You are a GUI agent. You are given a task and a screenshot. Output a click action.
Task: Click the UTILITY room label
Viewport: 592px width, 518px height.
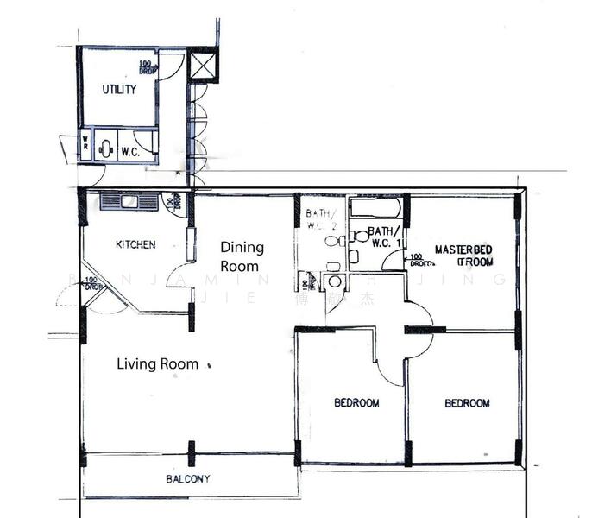point(119,89)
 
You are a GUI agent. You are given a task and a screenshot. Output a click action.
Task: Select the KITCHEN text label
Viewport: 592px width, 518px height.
point(136,244)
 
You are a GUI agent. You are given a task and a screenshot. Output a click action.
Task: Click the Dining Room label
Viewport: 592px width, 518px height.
point(242,256)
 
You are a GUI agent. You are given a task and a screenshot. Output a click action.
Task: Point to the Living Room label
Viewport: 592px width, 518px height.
point(157,364)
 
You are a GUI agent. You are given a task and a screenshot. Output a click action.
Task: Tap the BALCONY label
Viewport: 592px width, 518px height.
point(187,478)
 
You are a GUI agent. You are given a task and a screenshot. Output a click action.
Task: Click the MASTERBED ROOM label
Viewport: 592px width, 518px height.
point(463,255)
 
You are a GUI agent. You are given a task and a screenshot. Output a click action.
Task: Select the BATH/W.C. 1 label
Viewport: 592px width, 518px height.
point(384,237)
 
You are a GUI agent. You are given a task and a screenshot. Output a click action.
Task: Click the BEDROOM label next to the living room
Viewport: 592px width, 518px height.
point(356,402)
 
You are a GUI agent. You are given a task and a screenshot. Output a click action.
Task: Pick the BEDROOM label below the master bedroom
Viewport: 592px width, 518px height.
point(467,402)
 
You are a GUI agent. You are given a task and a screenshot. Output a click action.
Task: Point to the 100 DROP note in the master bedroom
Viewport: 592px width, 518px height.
point(416,257)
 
